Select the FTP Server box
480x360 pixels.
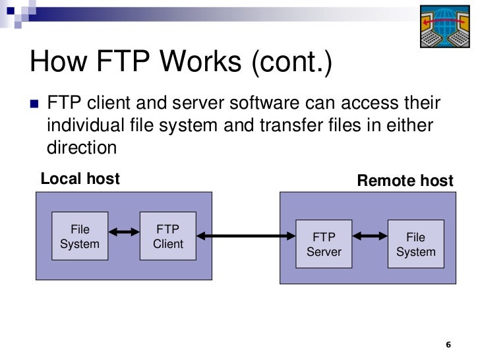(323, 245)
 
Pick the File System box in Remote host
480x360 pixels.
(415, 245)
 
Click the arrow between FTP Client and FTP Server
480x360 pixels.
(246, 235)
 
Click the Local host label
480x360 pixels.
(80, 178)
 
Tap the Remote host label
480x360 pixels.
(405, 181)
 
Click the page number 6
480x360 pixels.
(449, 345)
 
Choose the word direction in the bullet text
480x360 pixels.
(82, 146)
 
